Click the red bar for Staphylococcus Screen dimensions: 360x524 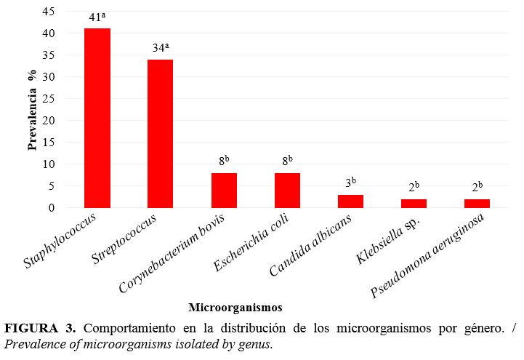click(x=97, y=118)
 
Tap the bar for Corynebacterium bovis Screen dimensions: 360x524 click(x=224, y=190)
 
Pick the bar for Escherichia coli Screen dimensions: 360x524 click(x=287, y=190)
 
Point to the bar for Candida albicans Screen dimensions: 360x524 click(x=350, y=201)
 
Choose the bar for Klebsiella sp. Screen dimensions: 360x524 click(x=414, y=203)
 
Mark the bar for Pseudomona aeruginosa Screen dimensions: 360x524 click(x=477, y=203)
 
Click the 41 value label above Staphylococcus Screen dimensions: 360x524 click(x=97, y=17)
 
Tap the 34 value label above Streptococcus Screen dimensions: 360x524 click(x=160, y=48)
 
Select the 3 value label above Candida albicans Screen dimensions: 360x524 click(x=350, y=183)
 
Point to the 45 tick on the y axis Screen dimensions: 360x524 click(x=47, y=12)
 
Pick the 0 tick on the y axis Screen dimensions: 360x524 click(x=51, y=208)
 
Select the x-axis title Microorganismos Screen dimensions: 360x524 click(x=235, y=307)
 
